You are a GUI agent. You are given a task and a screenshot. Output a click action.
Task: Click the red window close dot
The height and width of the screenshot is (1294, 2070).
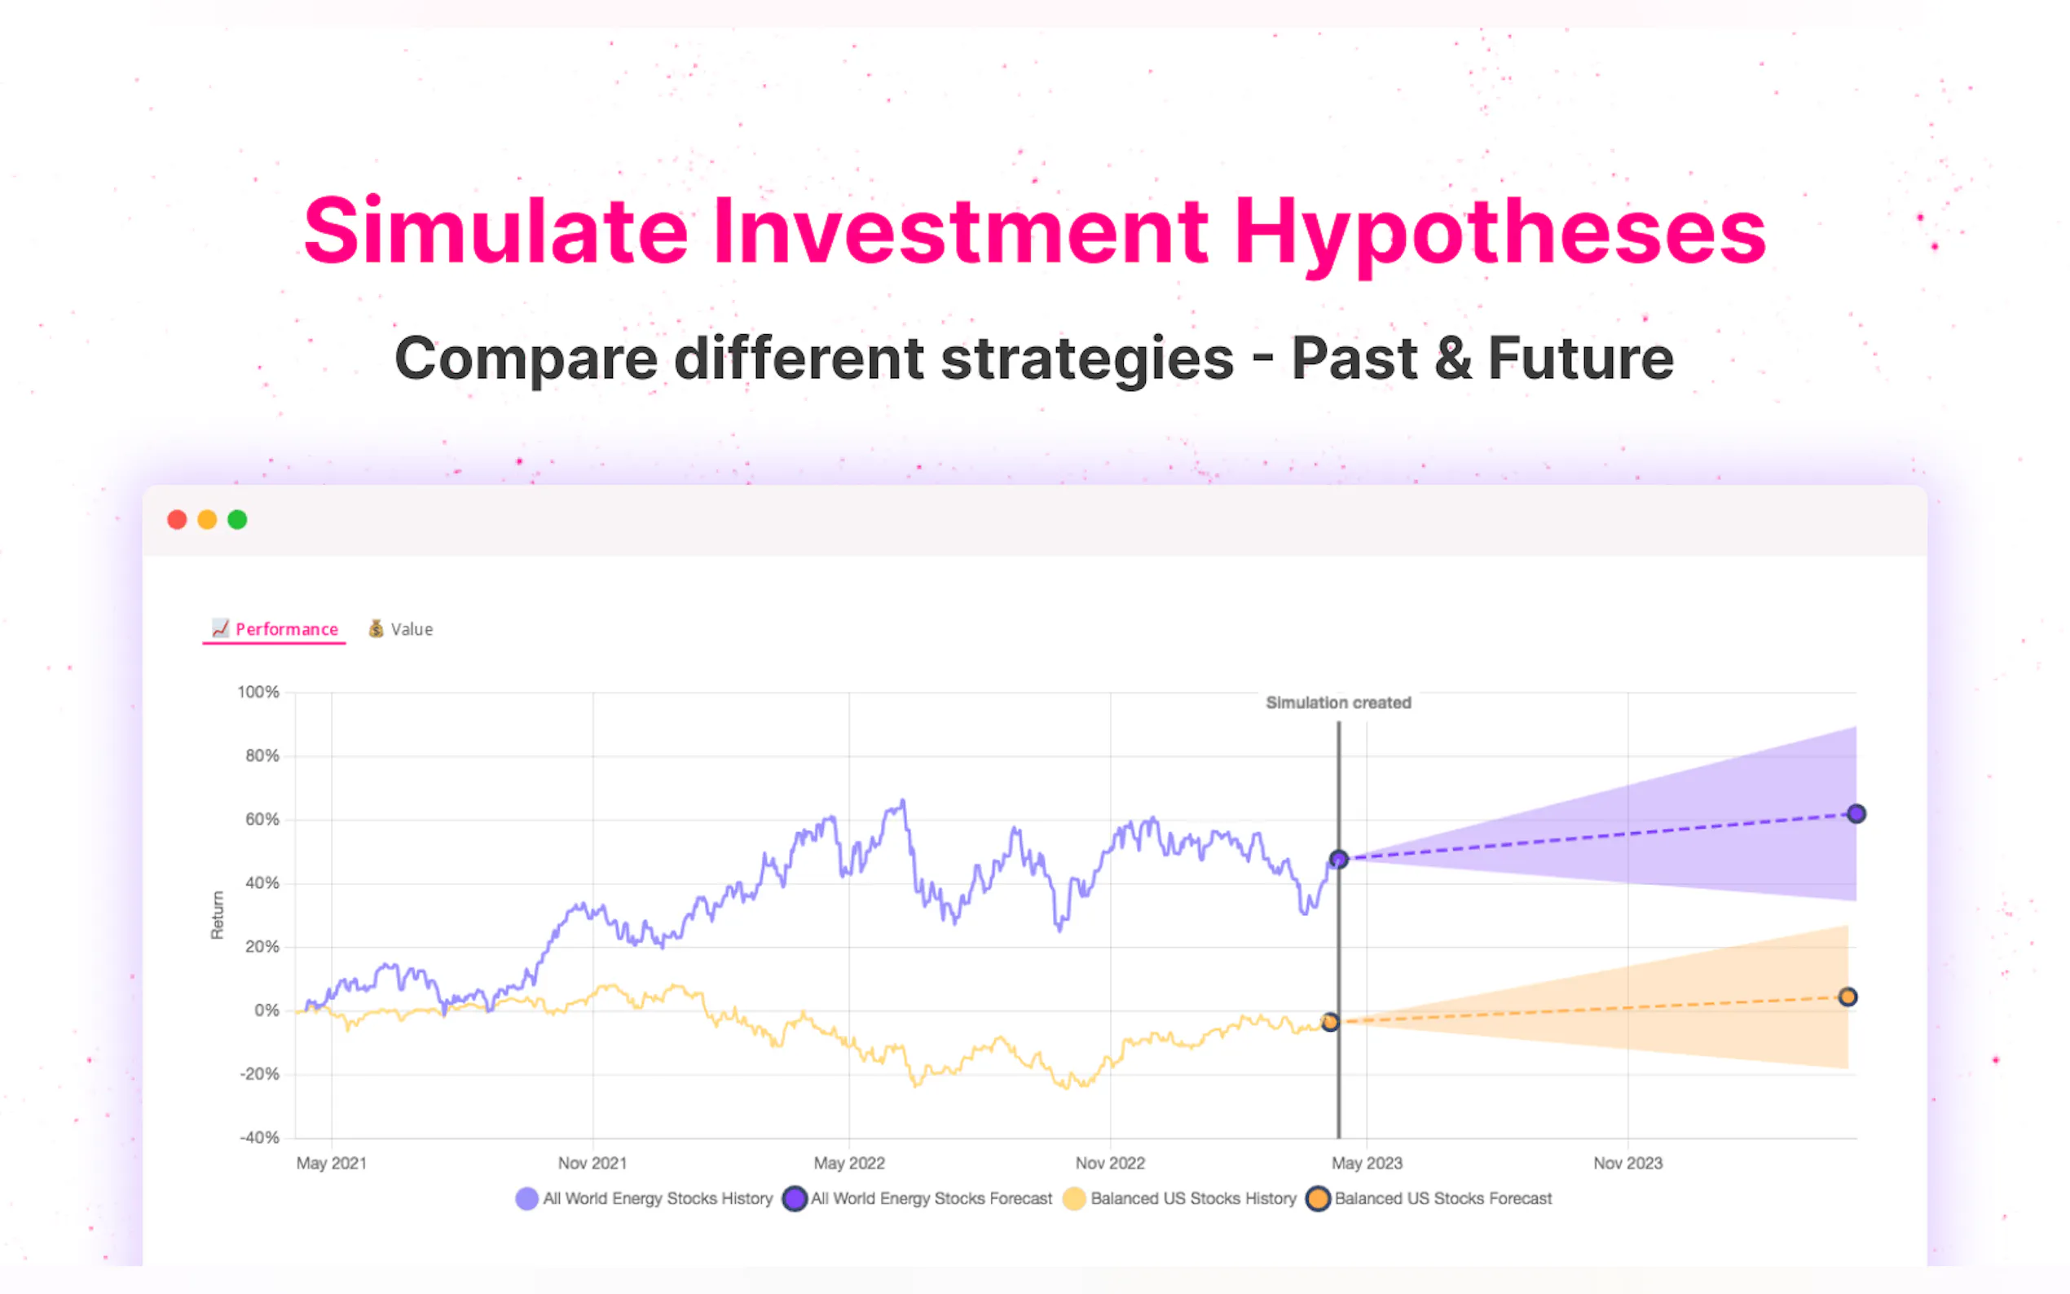[x=177, y=520]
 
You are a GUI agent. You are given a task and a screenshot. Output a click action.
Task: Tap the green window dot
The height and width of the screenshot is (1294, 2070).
[x=237, y=520]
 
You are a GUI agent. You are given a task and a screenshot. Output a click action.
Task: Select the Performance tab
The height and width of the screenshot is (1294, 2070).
[x=275, y=629]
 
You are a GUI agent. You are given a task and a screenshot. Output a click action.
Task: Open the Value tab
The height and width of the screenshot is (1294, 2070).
[x=400, y=629]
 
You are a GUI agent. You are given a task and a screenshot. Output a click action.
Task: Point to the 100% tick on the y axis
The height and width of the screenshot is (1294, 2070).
[x=258, y=692]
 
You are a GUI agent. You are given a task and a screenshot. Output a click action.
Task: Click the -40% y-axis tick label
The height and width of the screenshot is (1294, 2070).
[x=259, y=1138]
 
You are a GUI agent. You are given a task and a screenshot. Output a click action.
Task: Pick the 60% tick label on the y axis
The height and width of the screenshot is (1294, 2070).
[x=262, y=819]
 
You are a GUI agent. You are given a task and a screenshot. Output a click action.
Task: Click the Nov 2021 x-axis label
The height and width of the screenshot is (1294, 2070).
[x=592, y=1163]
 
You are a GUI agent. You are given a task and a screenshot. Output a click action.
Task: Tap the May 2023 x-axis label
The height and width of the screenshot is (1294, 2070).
[x=1367, y=1163]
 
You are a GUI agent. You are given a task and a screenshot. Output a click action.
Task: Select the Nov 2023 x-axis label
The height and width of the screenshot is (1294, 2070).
[x=1627, y=1163]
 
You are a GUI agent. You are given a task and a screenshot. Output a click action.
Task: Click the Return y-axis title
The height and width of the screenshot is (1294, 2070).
[x=218, y=915]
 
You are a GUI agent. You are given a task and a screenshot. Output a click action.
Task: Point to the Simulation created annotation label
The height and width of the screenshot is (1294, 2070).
[x=1338, y=702]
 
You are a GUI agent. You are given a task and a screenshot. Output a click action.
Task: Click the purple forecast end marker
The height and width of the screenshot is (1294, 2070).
[x=1856, y=813]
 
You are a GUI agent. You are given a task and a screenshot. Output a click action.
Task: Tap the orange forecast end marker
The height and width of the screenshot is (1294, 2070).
[x=1848, y=997]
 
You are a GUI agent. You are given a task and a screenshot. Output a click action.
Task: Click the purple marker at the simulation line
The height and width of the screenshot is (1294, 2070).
[x=1338, y=858]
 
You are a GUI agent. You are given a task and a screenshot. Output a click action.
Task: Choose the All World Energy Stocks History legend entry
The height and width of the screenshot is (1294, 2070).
[x=645, y=1198]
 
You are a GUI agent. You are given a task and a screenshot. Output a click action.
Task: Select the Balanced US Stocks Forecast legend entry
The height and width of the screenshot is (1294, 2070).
[x=1429, y=1198]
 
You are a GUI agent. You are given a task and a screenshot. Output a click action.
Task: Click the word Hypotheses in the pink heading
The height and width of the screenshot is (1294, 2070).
[x=1500, y=232]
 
